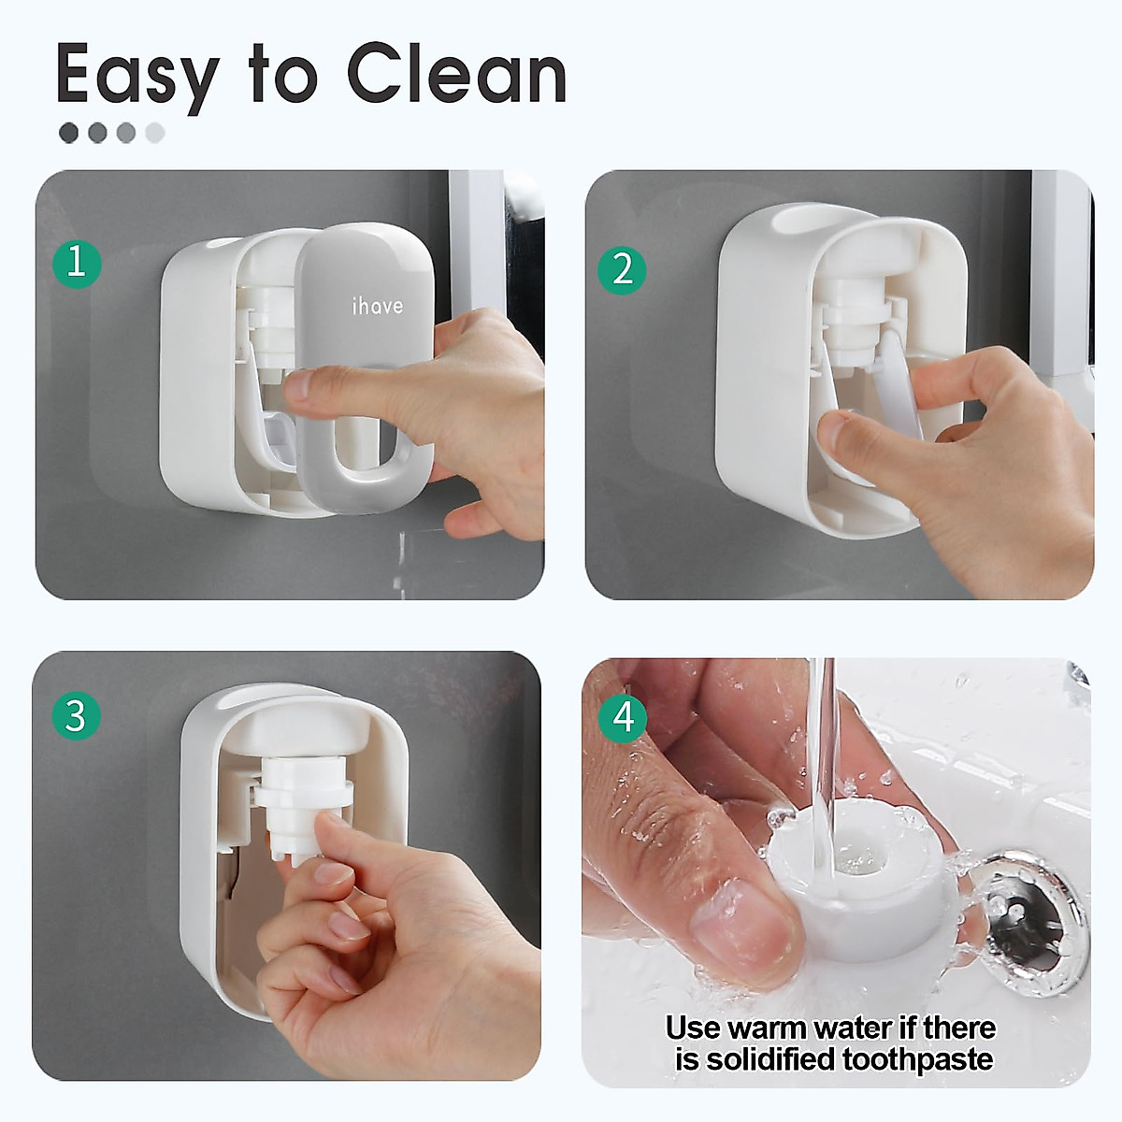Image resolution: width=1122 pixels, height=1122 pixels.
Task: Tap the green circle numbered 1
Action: pos(76,262)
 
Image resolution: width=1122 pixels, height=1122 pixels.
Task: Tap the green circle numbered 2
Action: pos(623,270)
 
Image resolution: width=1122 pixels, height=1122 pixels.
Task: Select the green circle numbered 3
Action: pos(76,716)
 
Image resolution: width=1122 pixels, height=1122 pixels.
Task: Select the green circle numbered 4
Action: pos(624,717)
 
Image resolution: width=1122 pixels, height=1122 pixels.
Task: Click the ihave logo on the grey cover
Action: pos(377,306)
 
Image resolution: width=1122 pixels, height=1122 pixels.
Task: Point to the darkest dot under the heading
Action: pos(68,133)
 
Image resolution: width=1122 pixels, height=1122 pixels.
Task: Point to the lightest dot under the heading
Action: pos(155,133)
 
